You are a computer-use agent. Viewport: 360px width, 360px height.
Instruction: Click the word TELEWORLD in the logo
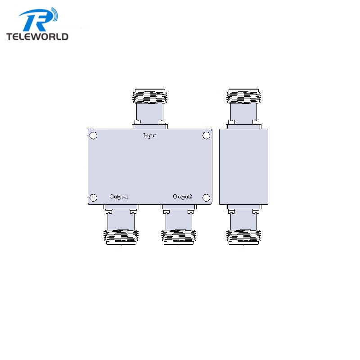pos(37,36)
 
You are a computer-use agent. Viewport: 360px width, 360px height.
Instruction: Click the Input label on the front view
pos(150,135)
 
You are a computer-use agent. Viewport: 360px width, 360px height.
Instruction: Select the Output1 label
pos(119,197)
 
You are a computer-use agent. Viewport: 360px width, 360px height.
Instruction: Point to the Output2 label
pos(182,197)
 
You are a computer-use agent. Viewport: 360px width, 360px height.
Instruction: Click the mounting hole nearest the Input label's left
pos(93,135)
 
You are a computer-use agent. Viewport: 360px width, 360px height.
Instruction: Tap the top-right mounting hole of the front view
pos(206,135)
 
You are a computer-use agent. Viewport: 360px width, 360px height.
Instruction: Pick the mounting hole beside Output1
pos(93,198)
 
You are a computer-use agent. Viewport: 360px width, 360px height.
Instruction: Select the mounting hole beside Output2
pos(206,198)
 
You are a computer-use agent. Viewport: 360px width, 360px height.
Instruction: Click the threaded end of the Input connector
pos(150,96)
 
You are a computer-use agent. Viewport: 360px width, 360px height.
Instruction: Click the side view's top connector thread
pos(243,96)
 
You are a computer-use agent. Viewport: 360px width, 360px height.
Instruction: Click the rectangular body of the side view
pos(243,166)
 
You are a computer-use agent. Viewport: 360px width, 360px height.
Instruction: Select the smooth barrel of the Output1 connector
pos(121,220)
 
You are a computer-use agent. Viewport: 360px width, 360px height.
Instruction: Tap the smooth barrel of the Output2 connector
pos(179,220)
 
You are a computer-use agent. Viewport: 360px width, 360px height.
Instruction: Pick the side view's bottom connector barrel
pos(243,220)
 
